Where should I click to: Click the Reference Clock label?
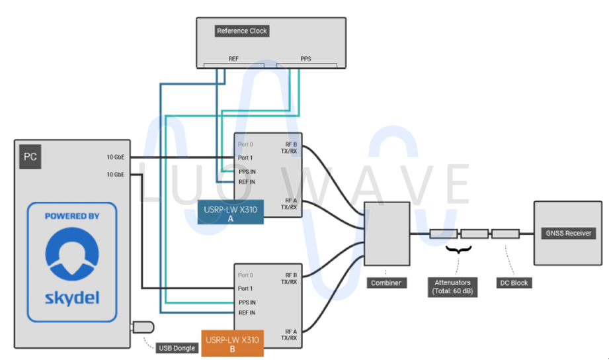click(242, 30)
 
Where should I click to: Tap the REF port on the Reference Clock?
click(233, 59)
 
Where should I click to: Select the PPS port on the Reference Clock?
click(305, 59)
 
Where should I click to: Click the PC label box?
click(30, 157)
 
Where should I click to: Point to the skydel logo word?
click(72, 298)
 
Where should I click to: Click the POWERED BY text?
click(72, 216)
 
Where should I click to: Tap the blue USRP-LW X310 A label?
click(231, 211)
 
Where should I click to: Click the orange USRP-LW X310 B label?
click(233, 343)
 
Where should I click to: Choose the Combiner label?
click(386, 283)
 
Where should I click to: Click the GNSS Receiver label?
click(568, 233)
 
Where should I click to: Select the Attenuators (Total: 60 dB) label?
click(453, 287)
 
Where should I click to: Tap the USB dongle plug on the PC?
click(143, 327)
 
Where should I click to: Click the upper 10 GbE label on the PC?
click(116, 157)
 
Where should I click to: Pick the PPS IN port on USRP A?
click(247, 171)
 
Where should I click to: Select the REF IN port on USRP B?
click(247, 313)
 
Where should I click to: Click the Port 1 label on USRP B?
click(245, 289)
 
